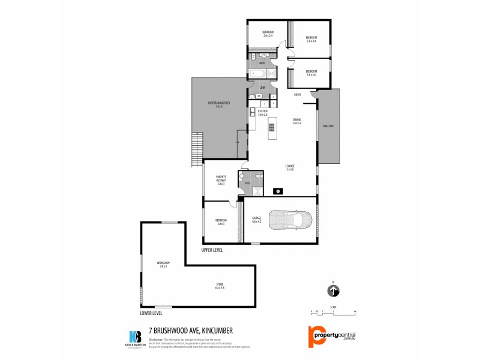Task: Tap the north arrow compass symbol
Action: point(333,291)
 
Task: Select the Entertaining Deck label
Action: point(215,104)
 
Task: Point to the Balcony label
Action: point(328,126)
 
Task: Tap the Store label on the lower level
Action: point(220,286)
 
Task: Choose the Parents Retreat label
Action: point(220,180)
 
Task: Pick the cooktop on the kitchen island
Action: point(271,127)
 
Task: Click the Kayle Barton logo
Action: point(136,337)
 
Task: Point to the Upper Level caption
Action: point(212,250)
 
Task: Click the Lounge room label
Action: point(290,167)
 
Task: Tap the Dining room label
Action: point(296,122)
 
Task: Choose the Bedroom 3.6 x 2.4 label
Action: point(268,34)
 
